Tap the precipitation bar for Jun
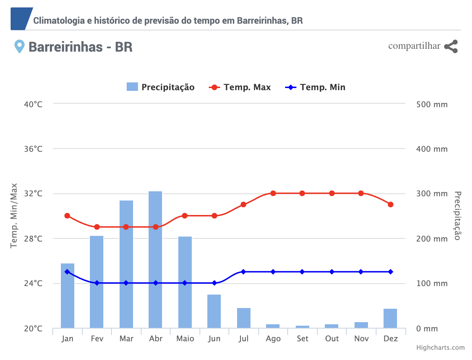(x=214, y=311)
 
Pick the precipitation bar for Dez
(x=390, y=318)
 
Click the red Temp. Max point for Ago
(x=273, y=193)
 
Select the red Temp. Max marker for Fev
(x=97, y=227)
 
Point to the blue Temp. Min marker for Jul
(x=243, y=272)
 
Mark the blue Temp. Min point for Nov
(x=361, y=272)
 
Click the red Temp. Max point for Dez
(x=391, y=204)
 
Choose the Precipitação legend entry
(x=161, y=87)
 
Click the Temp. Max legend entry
(x=240, y=87)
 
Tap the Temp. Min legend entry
(x=315, y=87)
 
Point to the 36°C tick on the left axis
(x=33, y=149)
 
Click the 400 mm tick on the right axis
(x=432, y=149)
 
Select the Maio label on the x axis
(x=185, y=339)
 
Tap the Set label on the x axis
(x=303, y=339)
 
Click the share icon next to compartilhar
(x=451, y=47)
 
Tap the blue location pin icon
(x=19, y=46)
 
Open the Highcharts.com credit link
(x=440, y=348)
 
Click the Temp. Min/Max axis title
(x=14, y=215)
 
